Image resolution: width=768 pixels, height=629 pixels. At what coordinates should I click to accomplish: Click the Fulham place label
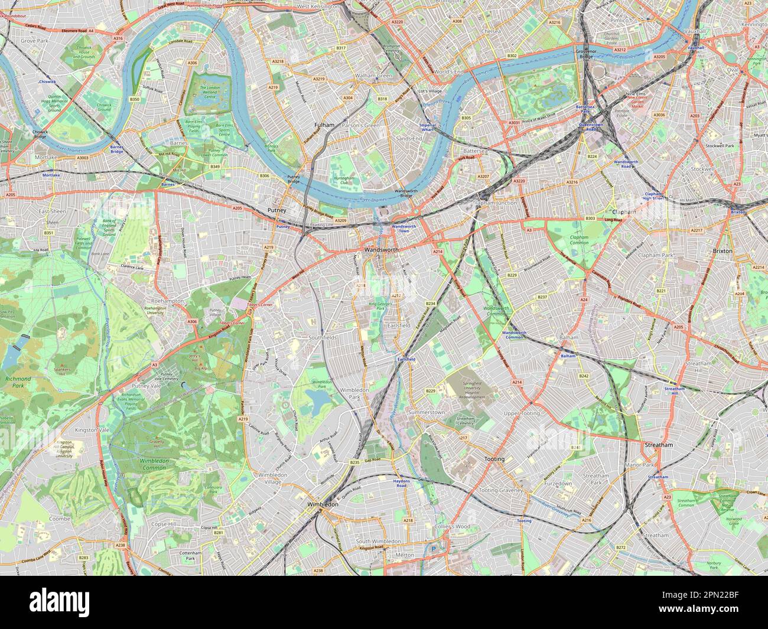(x=324, y=125)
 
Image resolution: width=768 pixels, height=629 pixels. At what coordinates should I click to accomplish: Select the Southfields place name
(x=324, y=337)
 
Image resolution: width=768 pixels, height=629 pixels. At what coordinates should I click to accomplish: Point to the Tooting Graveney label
(x=501, y=490)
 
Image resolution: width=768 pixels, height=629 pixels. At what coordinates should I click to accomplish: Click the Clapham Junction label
(x=494, y=203)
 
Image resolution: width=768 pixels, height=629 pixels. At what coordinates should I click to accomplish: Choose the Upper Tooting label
(x=521, y=413)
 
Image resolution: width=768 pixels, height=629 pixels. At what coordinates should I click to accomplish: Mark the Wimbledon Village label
(x=272, y=478)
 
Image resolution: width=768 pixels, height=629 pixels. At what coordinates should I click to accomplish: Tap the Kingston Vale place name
(x=87, y=431)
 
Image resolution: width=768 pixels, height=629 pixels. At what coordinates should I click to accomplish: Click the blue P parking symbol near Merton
(x=433, y=549)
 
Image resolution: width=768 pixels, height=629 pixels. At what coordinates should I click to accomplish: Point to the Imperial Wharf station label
(x=427, y=128)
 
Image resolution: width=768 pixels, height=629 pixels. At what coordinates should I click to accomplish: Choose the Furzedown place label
(x=558, y=483)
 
